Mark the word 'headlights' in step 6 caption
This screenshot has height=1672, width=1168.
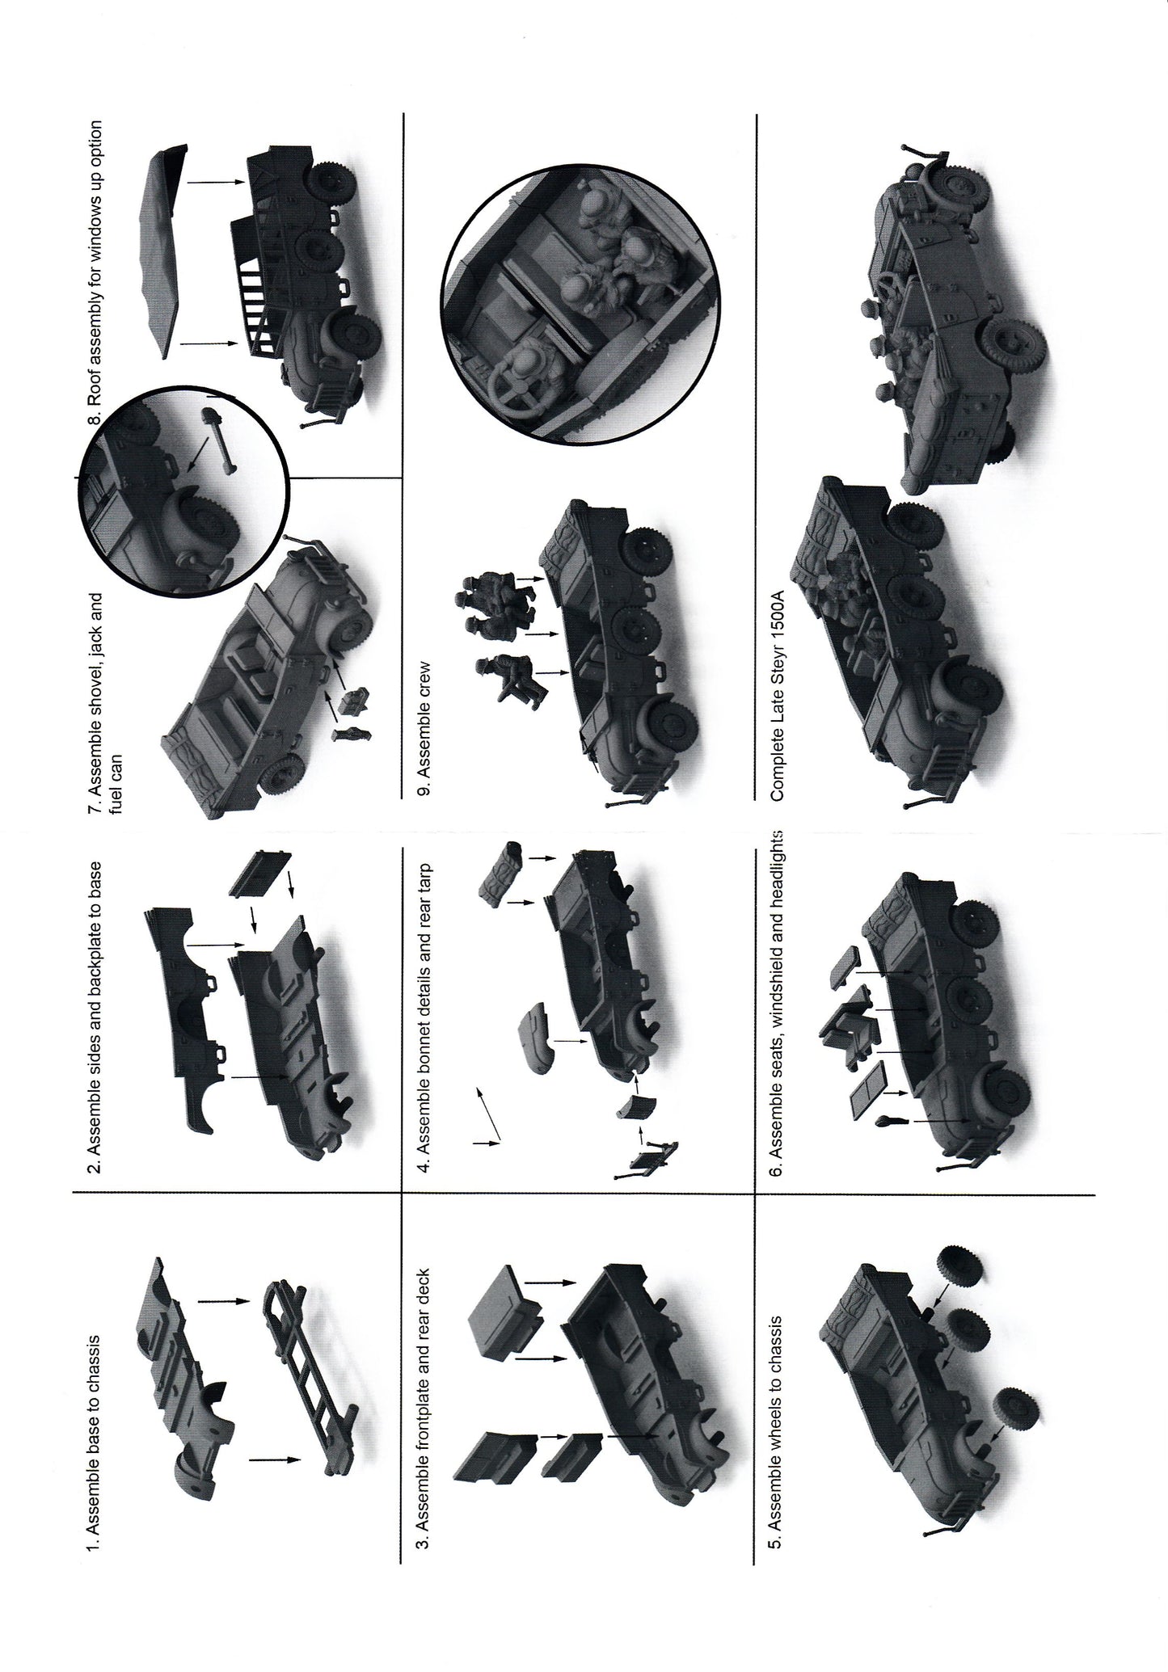point(775,870)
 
